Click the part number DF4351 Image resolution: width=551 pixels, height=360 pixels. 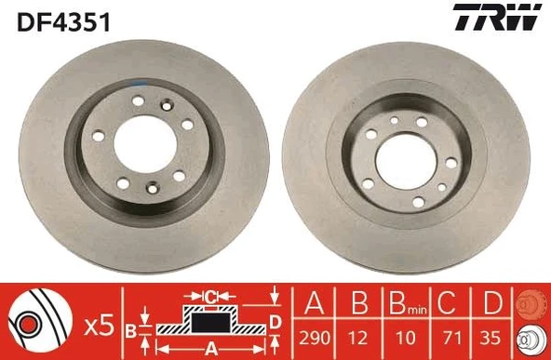pyautogui.click(x=62, y=20)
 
